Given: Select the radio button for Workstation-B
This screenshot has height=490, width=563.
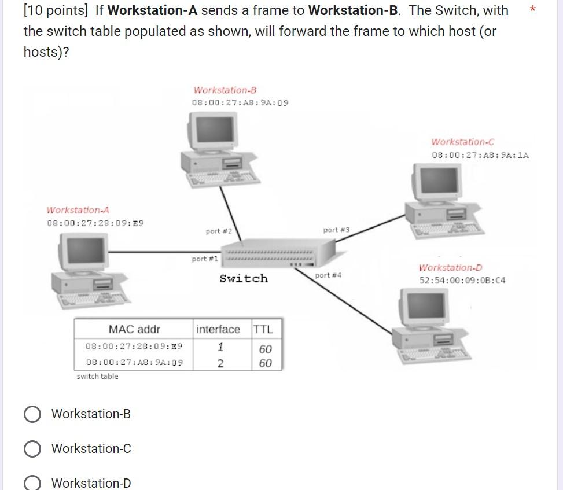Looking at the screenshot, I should [x=32, y=414].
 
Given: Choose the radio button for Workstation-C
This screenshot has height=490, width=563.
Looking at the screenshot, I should [x=32, y=449].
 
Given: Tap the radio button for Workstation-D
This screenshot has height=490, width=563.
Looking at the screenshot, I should [x=32, y=483].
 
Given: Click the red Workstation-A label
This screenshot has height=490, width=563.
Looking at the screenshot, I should [x=78, y=210].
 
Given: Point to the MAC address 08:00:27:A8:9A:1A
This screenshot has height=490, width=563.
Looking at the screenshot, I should [x=480, y=155].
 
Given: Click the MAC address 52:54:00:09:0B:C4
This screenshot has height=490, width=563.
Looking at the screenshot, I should [x=462, y=281].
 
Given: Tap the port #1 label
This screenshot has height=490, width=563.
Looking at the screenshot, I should [x=205, y=259].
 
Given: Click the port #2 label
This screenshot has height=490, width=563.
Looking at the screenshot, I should [x=219, y=231].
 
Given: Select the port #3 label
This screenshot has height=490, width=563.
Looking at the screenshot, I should [x=336, y=230].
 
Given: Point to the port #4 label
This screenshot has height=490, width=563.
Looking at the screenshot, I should [x=328, y=275].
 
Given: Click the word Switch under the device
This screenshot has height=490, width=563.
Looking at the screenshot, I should [x=244, y=279].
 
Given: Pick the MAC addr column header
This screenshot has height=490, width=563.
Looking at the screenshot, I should [x=134, y=329].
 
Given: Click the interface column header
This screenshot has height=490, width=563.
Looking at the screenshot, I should [x=218, y=329].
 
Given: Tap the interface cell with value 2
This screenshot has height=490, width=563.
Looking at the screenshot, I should [x=220, y=363].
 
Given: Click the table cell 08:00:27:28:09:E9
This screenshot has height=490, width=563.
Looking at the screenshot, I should [x=134, y=347].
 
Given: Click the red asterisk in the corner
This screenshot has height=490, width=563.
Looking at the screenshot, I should [x=533, y=9].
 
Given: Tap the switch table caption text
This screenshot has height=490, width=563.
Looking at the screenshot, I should [x=97, y=377].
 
